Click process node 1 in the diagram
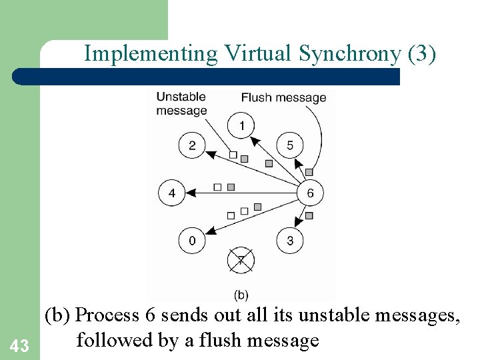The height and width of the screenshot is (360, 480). (x=241, y=125)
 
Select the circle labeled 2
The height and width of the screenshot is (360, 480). (x=192, y=145)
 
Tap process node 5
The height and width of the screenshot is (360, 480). (x=290, y=145)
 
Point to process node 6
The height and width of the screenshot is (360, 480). (x=310, y=193)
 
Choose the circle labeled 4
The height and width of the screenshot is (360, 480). (x=172, y=193)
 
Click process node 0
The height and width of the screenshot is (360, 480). (x=192, y=241)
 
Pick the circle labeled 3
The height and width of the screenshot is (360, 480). (x=290, y=241)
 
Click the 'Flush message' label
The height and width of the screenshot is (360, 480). (x=283, y=97)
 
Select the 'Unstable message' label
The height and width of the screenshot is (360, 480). (x=181, y=103)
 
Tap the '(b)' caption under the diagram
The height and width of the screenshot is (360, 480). (x=241, y=294)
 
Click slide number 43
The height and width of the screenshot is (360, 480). (x=20, y=345)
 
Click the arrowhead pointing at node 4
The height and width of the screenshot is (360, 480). (x=190, y=193)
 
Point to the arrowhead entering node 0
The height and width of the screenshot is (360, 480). (x=209, y=231)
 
